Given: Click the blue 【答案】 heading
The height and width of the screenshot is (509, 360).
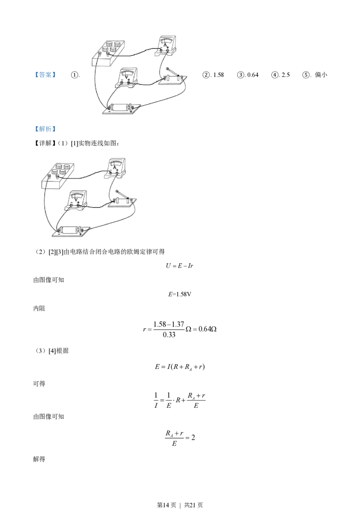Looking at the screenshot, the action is (45, 75).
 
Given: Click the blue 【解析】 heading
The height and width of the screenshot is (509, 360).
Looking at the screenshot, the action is (45, 129).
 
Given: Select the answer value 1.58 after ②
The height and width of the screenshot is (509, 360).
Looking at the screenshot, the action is (218, 75).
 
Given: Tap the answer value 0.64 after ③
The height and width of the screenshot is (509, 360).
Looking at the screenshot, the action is (253, 75).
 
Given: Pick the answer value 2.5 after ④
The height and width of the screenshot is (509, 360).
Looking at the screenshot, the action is (286, 75).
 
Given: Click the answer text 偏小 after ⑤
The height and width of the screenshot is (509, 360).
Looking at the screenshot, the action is (321, 75).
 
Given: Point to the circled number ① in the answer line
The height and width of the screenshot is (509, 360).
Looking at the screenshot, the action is (74, 75).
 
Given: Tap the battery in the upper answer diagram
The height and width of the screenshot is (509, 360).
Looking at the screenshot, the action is (121, 108).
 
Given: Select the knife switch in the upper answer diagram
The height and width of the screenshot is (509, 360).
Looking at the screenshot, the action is (173, 77).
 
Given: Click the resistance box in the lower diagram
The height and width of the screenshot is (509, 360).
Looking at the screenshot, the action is (58, 175).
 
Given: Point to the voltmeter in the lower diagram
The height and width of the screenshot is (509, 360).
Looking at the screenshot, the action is (76, 201).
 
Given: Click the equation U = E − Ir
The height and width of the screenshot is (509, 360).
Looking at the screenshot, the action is (180, 266).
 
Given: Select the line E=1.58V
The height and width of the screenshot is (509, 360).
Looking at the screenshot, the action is (180, 294).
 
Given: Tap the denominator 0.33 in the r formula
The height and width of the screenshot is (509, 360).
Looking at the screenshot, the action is (169, 335).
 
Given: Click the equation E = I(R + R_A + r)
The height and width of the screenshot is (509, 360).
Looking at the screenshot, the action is (180, 367).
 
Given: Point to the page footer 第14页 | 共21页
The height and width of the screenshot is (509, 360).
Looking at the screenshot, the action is (180, 505).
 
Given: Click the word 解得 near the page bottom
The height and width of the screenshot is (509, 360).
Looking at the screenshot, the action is (39, 459).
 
